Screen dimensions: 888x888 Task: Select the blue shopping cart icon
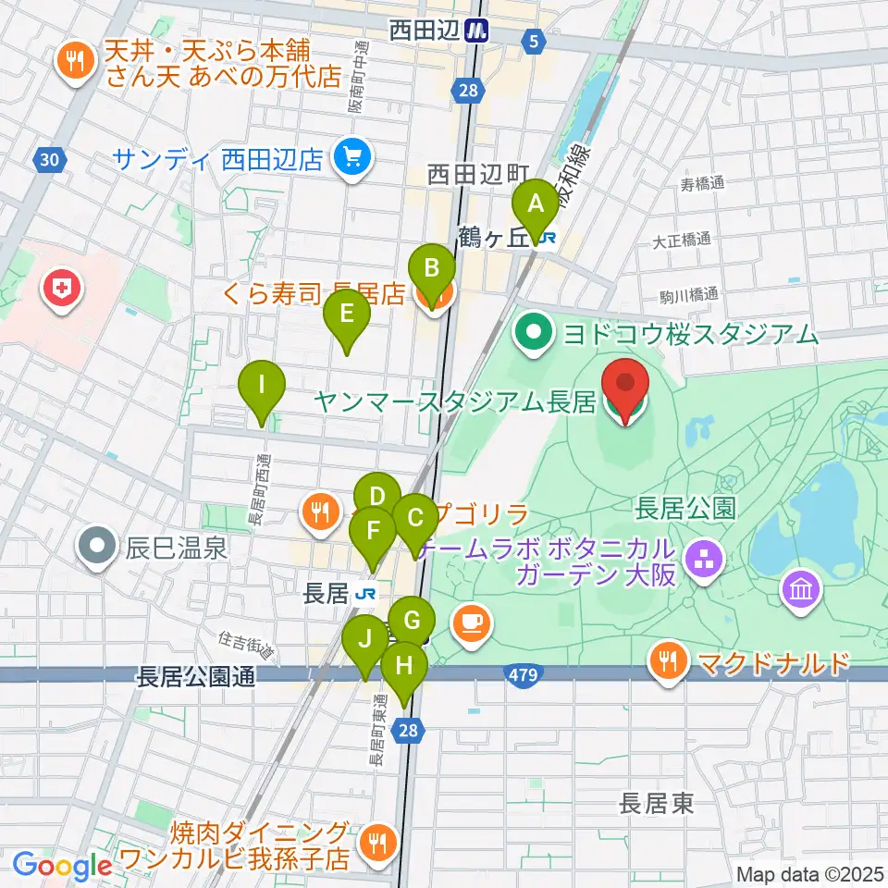click(352, 158)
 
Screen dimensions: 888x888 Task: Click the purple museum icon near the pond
click(801, 589)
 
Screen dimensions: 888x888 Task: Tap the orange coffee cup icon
click(472, 623)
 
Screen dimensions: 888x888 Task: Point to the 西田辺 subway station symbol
click(477, 31)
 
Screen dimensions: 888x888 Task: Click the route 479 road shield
click(523, 677)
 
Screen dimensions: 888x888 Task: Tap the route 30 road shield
click(51, 160)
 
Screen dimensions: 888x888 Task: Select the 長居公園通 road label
click(195, 676)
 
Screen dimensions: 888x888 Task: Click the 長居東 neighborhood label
click(657, 803)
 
